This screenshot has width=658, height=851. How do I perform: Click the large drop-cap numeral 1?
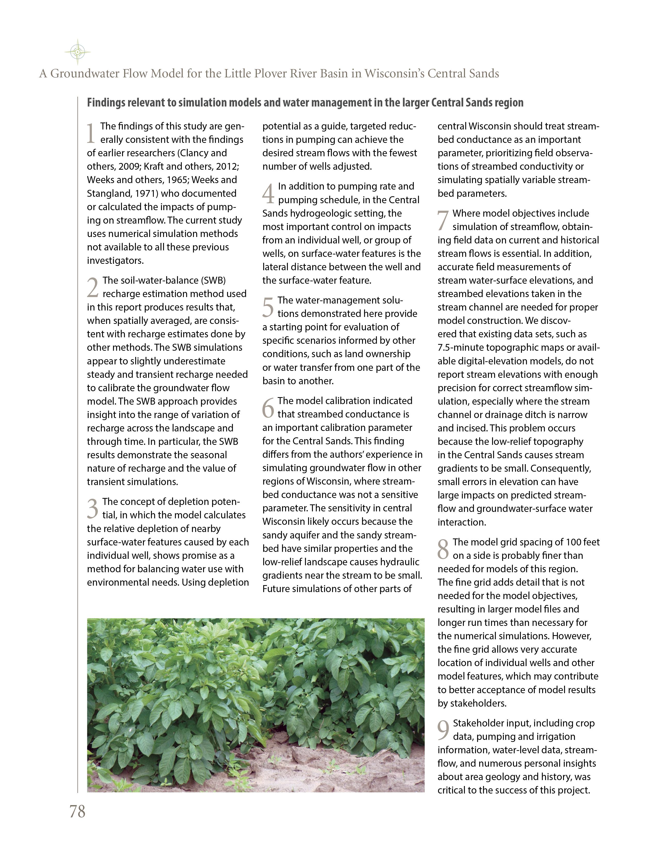pyautogui.click(x=91, y=133)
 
